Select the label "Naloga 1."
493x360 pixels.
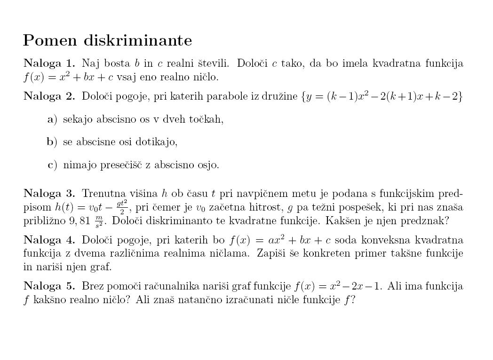pos(49,63)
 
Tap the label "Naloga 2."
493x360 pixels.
pos(49,97)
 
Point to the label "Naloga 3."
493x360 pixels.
pos(49,194)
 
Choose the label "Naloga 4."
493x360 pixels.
pos(49,240)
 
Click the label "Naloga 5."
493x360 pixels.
pos(49,286)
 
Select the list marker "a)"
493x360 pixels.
pos(52,119)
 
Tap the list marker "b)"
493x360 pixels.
pos(52,142)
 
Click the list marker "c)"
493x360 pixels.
pos(52,165)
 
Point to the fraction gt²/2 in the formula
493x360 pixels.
pos(122,207)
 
